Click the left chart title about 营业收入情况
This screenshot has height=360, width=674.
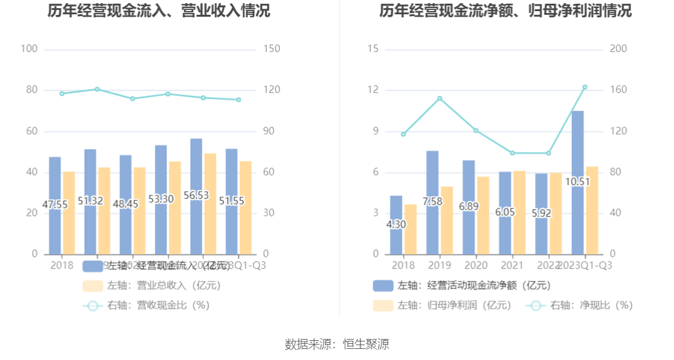coord(159,11)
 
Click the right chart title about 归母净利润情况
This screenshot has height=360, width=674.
coord(505,11)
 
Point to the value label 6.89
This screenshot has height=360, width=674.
coord(469,206)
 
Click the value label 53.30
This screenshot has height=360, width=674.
coord(161,199)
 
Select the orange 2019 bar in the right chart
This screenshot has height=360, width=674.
coord(446,220)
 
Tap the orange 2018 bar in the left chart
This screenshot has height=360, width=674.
coord(69,213)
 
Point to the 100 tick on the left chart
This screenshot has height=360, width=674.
coord(29,49)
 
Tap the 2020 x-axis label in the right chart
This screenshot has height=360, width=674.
coord(476,265)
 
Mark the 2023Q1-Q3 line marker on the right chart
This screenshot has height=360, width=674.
coord(585,87)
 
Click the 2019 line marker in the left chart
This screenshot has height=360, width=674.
coord(97,89)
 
